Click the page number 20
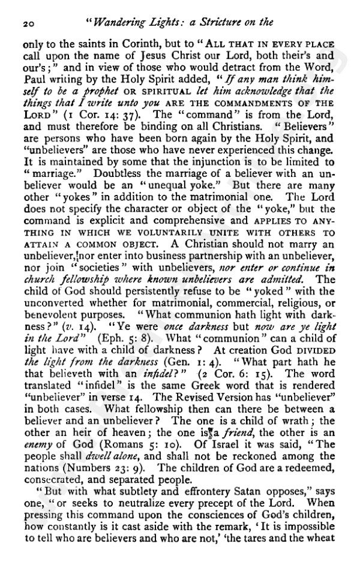[x=28, y=23]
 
